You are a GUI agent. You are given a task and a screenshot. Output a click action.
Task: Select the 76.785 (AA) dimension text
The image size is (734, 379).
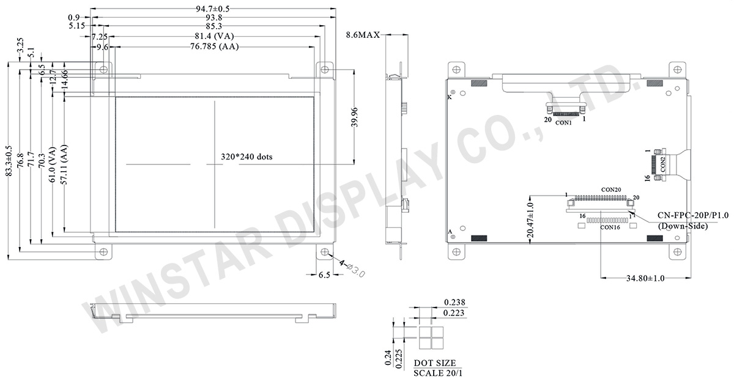(x=213, y=46)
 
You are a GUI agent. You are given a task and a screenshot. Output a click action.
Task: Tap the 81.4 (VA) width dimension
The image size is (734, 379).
(x=213, y=37)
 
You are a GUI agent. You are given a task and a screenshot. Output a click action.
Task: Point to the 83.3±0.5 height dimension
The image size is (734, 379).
(x=8, y=161)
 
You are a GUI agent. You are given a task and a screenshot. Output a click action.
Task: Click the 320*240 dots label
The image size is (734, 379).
(x=247, y=156)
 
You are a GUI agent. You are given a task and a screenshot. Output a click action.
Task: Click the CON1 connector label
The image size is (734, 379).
(x=563, y=123)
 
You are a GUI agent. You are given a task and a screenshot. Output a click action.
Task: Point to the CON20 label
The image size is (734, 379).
(x=610, y=190)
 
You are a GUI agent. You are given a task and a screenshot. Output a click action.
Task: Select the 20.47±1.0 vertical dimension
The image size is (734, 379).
(x=530, y=219)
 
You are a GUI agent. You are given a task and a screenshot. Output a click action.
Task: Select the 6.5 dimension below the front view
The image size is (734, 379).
(x=324, y=276)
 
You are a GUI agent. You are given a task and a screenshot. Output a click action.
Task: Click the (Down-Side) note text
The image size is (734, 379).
(x=683, y=226)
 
